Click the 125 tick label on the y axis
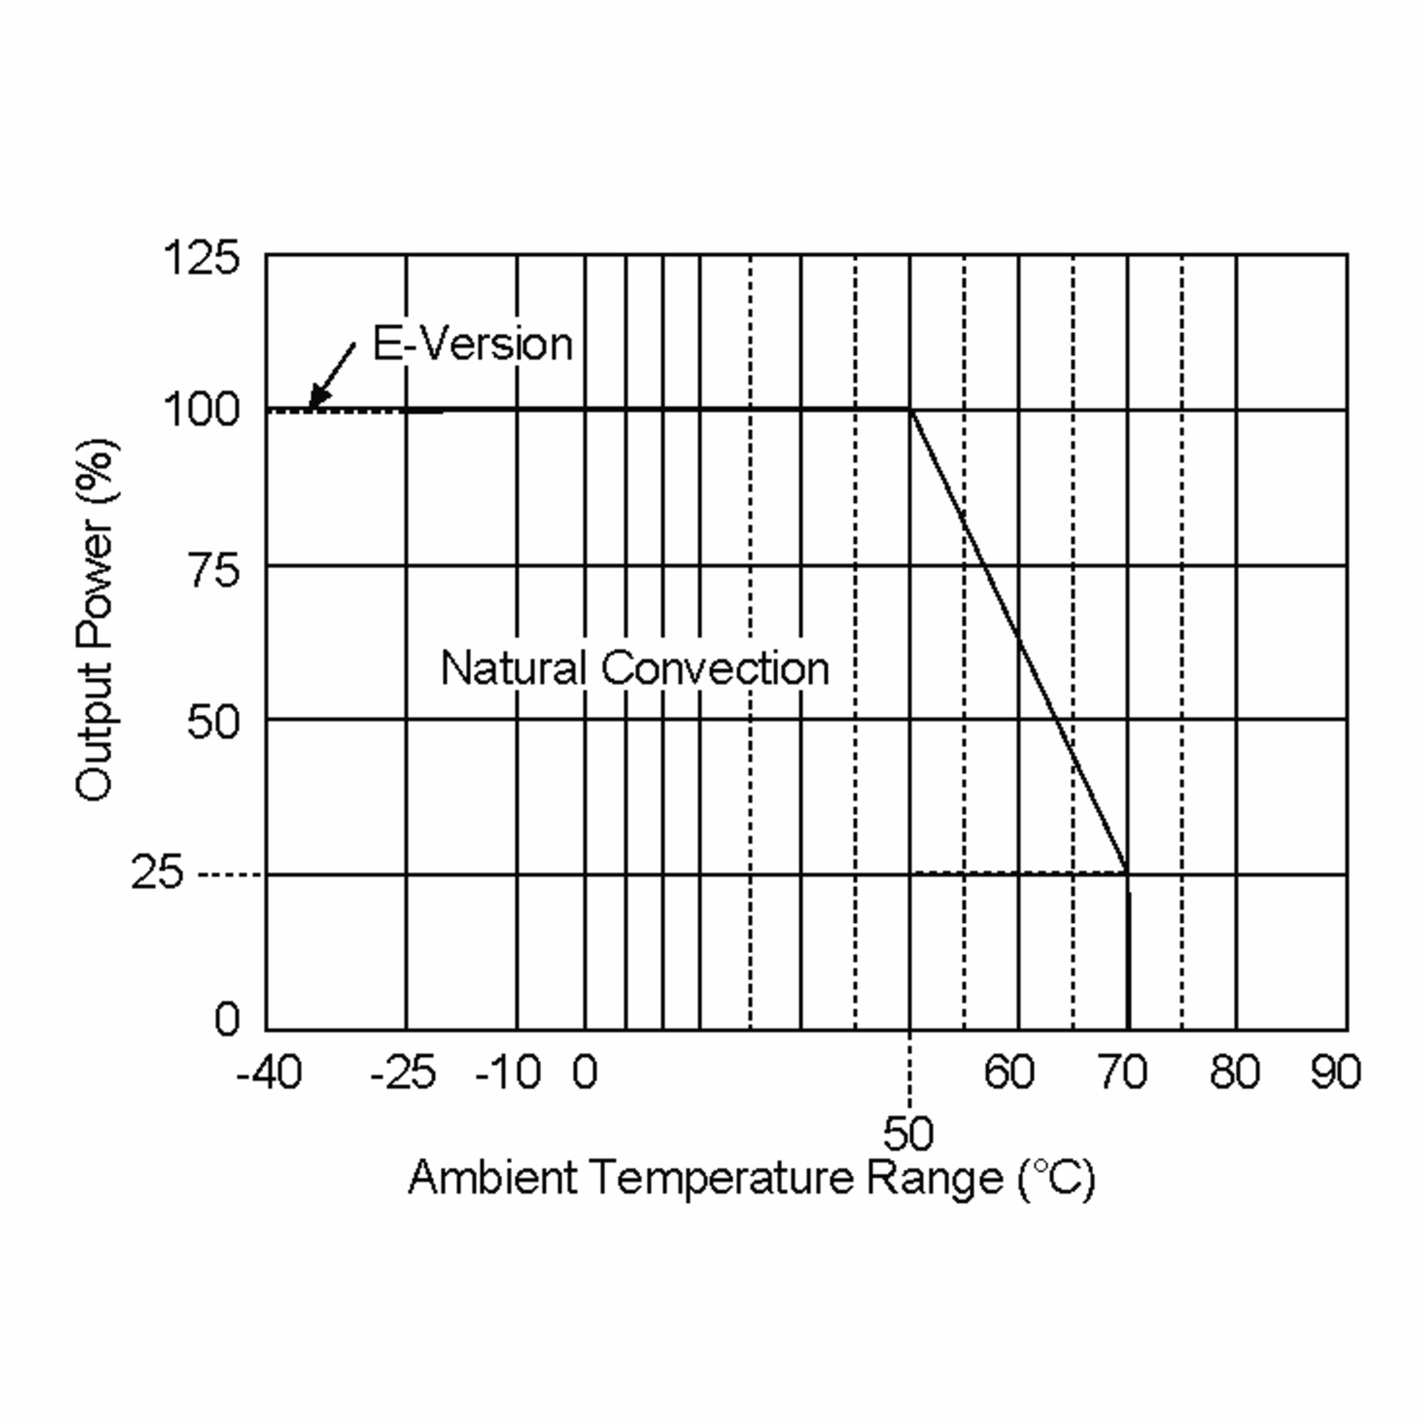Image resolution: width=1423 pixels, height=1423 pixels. [x=201, y=258]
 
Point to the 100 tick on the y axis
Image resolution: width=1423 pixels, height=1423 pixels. [x=201, y=410]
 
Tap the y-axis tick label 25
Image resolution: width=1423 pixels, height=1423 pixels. [x=156, y=873]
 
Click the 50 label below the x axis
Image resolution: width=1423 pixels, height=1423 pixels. [x=908, y=1134]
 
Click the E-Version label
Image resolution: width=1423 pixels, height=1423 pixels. [x=472, y=344]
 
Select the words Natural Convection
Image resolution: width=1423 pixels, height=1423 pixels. [x=635, y=668]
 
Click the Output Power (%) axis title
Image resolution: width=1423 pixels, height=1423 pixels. [x=95, y=620]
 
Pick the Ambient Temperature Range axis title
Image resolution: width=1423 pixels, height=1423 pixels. [x=752, y=1178]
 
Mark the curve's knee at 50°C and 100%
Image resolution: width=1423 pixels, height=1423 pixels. [x=910, y=410]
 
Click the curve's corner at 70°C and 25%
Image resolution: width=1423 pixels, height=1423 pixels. [x=1127, y=873]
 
